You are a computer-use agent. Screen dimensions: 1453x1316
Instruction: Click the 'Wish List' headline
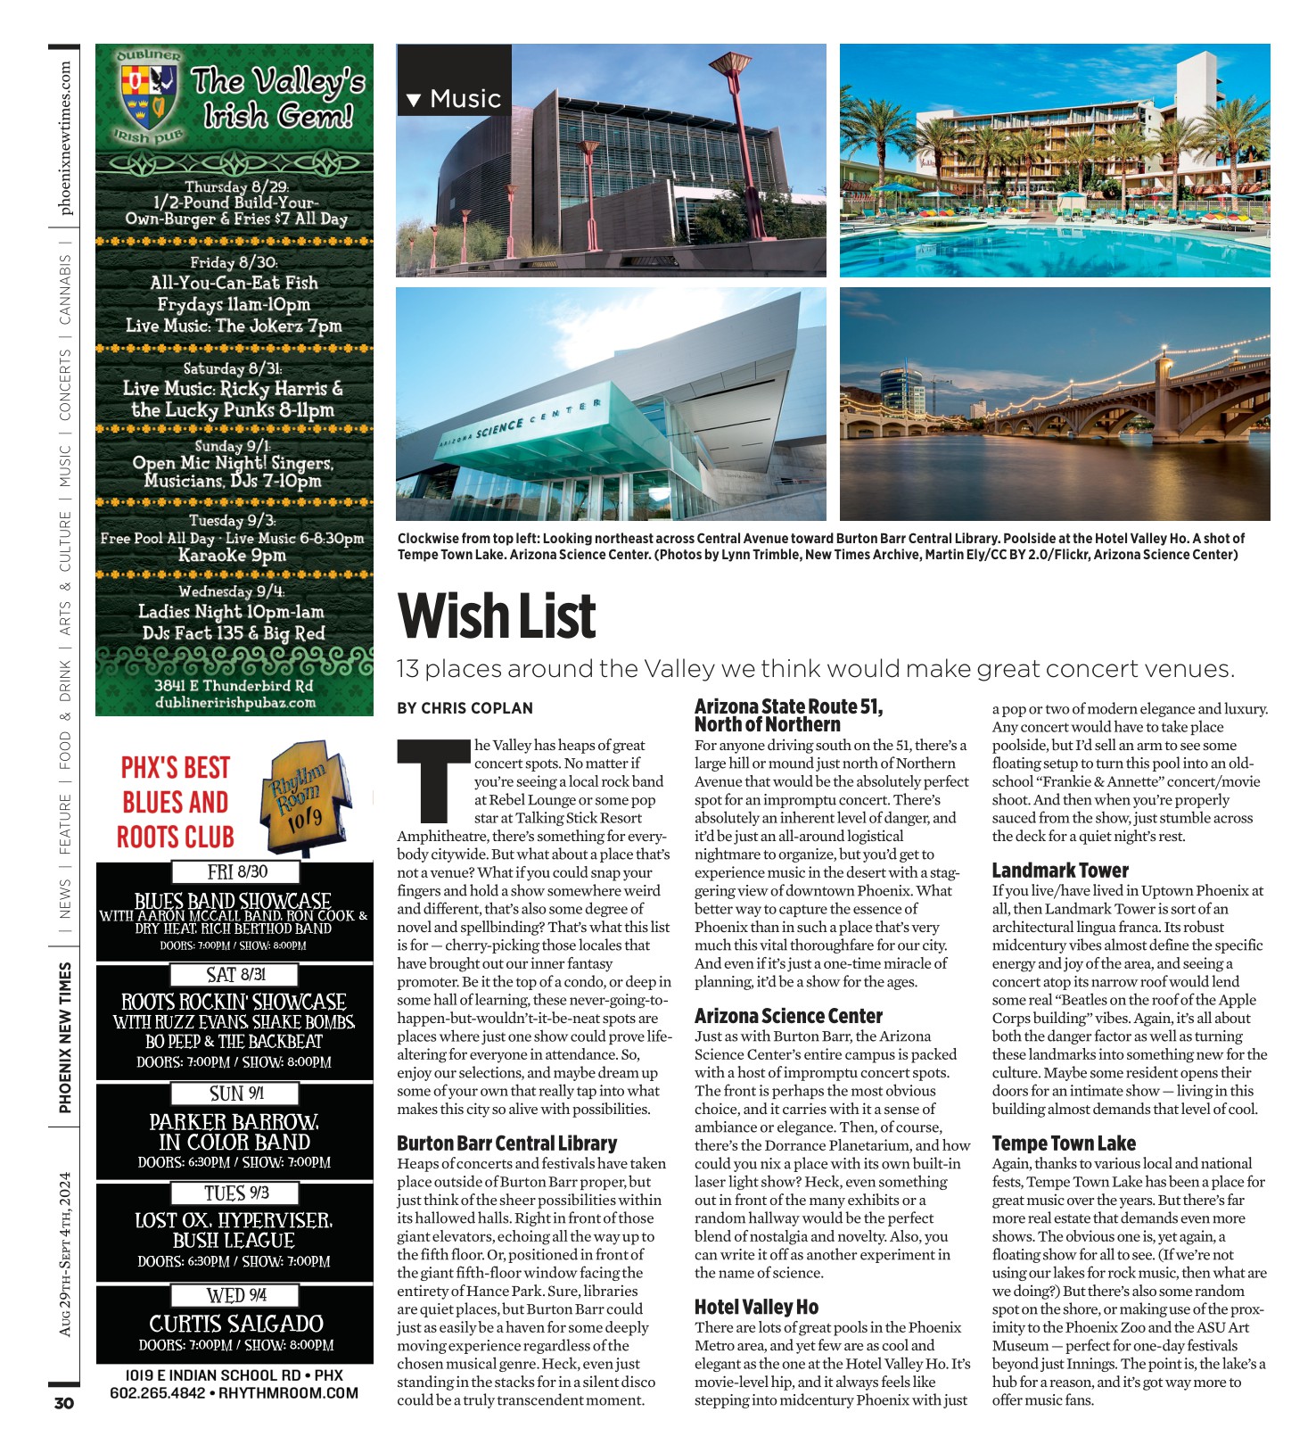pyautogui.click(x=497, y=616)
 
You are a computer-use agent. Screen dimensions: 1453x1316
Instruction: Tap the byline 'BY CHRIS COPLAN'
pyautogui.click(x=465, y=708)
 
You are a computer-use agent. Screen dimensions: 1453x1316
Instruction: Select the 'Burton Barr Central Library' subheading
pyautogui.click(x=506, y=1143)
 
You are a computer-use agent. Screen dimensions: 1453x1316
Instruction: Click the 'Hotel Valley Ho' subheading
pyautogui.click(x=756, y=1307)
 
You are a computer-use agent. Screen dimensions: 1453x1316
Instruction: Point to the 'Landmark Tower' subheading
pyautogui.click(x=1060, y=871)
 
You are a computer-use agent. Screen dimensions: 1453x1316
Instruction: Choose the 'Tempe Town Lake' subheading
pyautogui.click(x=1064, y=1143)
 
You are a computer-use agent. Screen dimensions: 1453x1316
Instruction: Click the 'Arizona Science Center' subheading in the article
pyautogui.click(x=788, y=1016)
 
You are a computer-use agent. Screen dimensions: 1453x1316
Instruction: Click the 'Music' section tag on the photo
pyautogui.click(x=455, y=98)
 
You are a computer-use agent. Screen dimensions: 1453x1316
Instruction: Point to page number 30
pyautogui.click(x=64, y=1403)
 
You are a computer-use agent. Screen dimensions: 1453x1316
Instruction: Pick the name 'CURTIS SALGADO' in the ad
pyautogui.click(x=236, y=1324)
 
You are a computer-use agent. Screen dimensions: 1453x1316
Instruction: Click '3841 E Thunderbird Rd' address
pyautogui.click(x=234, y=685)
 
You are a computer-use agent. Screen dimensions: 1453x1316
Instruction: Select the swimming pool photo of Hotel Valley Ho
pyautogui.click(x=1055, y=161)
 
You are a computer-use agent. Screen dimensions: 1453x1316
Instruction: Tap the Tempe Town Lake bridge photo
pyautogui.click(x=1055, y=404)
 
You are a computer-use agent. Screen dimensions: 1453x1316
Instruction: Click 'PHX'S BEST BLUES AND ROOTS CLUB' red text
pyautogui.click(x=176, y=802)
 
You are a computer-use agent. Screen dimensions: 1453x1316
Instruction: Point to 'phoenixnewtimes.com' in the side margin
pyautogui.click(x=65, y=138)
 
